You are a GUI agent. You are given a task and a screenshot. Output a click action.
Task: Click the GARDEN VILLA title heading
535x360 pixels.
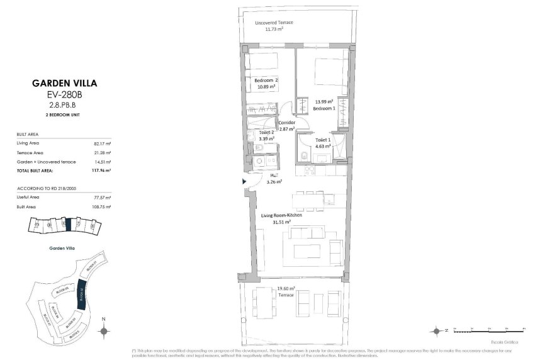click(65, 82)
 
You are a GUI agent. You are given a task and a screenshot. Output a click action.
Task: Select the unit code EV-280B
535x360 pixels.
click(65, 94)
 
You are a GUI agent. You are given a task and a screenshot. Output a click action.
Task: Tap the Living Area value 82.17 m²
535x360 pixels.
click(101, 143)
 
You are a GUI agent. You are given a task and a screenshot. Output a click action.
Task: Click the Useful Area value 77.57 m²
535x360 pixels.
click(101, 197)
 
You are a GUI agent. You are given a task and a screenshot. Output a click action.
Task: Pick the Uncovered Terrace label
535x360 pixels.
click(274, 23)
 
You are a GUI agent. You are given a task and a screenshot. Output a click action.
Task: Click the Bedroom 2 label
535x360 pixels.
click(266, 81)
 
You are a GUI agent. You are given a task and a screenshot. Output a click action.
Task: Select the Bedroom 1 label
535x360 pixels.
click(325, 109)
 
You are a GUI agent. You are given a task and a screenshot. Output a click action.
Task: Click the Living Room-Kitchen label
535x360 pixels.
click(281, 215)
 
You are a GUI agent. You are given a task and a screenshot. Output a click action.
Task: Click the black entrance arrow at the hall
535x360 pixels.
click(245, 181)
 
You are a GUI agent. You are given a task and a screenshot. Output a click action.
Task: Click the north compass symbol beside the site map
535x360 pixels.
click(104, 329)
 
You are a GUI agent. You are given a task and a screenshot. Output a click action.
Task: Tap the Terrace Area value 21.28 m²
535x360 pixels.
click(101, 152)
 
